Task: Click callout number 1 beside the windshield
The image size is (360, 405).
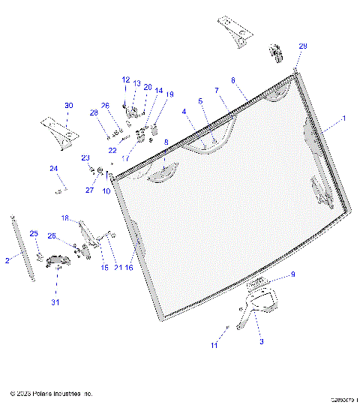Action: click(344, 118)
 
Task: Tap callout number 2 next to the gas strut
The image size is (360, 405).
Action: click(7, 260)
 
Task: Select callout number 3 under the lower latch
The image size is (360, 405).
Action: click(261, 341)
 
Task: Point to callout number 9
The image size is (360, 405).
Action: click(292, 274)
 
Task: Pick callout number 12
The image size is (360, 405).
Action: click(125, 79)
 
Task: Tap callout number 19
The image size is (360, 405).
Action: click(169, 94)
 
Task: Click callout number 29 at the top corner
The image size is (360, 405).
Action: click(303, 46)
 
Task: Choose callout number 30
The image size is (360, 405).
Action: click(68, 105)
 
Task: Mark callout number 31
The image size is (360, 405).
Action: click(54, 302)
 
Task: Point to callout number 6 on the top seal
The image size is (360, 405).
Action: click(233, 79)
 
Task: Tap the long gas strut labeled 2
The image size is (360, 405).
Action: click(22, 247)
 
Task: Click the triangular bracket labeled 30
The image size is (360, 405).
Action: click(60, 130)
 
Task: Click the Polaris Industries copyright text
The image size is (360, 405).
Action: click(51, 393)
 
